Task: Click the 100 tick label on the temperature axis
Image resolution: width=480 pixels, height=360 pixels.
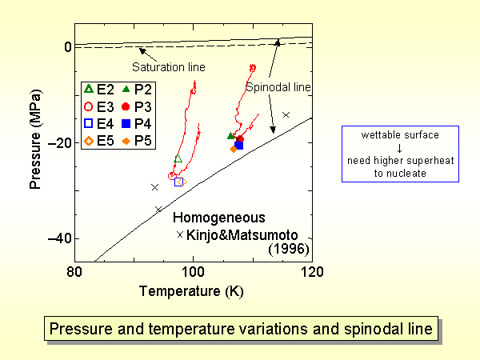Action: tap(193, 272)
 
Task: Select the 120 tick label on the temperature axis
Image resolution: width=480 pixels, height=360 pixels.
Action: tap(311, 272)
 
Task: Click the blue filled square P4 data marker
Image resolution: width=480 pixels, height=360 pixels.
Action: tap(239, 145)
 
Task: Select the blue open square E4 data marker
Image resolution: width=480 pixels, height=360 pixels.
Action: tap(179, 182)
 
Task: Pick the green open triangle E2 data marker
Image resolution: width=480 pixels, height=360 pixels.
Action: tap(178, 158)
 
